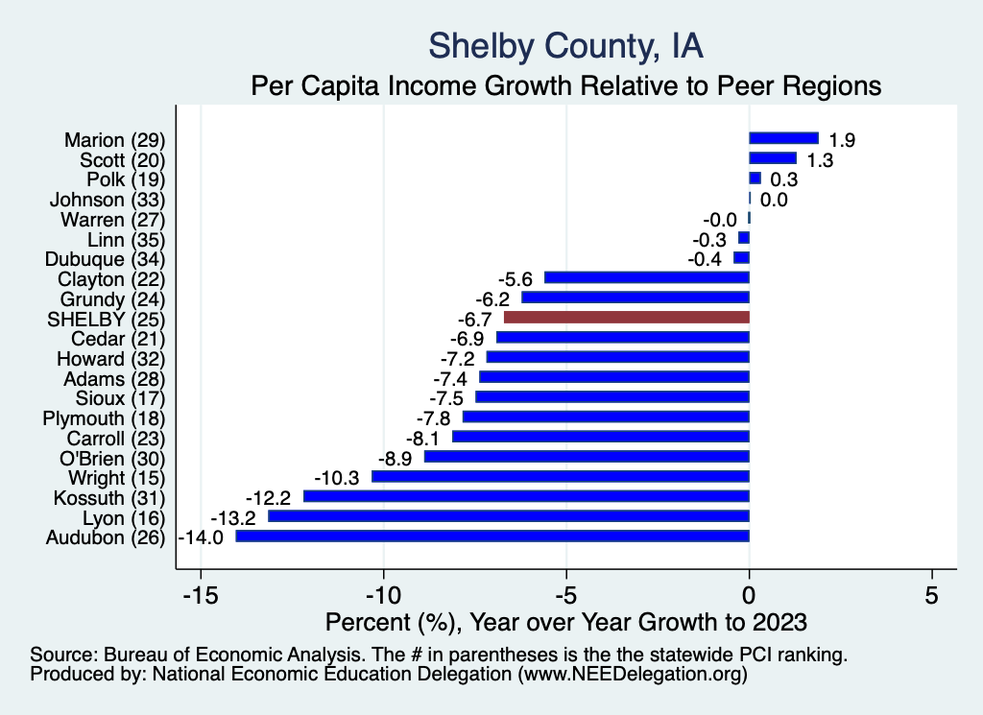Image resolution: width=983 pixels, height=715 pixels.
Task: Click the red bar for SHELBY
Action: click(x=626, y=317)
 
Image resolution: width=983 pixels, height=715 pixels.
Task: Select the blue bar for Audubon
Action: click(x=491, y=536)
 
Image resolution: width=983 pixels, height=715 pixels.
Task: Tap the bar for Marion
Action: click(x=783, y=138)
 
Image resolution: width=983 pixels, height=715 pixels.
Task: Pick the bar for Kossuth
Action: click(x=526, y=496)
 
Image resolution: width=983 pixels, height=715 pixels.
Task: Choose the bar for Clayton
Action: click(x=646, y=277)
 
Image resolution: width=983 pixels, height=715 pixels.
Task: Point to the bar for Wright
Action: click(x=560, y=476)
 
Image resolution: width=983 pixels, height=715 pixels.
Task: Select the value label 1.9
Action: click(x=842, y=140)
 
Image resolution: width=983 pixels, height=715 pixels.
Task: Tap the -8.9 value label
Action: click(x=399, y=457)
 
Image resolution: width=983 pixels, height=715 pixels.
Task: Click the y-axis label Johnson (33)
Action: click(x=108, y=200)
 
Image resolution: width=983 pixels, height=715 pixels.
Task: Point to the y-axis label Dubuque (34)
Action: click(x=106, y=259)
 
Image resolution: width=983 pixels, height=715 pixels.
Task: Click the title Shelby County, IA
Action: click(x=566, y=46)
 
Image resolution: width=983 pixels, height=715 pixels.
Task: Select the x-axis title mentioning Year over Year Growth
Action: click(x=566, y=620)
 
